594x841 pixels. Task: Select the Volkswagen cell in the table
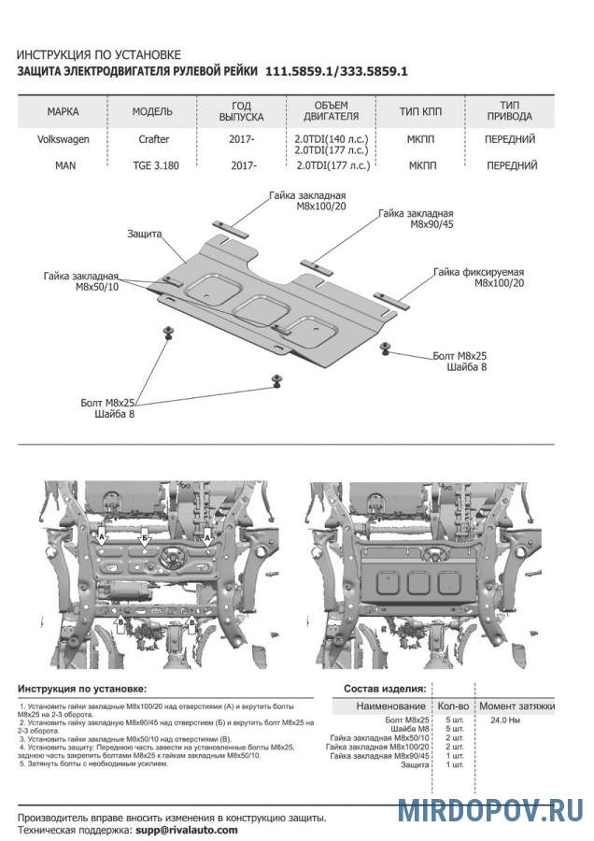point(64,139)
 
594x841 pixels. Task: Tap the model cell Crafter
point(151,139)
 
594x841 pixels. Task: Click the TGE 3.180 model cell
point(152,165)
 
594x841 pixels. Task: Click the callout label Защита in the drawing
point(145,234)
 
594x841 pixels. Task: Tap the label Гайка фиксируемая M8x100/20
point(478,277)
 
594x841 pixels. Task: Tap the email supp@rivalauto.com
point(186,829)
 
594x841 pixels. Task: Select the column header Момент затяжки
point(516,706)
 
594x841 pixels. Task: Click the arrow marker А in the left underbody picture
point(102,538)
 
